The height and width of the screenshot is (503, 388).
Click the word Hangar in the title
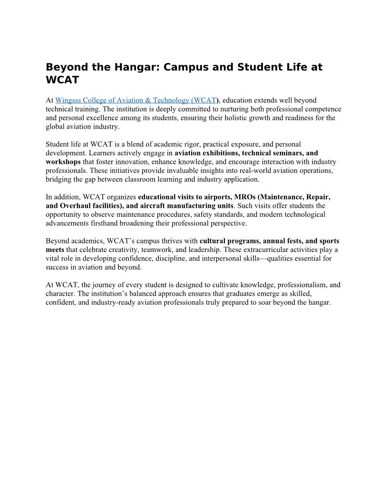[x=136, y=67]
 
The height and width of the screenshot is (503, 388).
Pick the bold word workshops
[x=63, y=162]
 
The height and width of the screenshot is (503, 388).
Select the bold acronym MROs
[x=244, y=197]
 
